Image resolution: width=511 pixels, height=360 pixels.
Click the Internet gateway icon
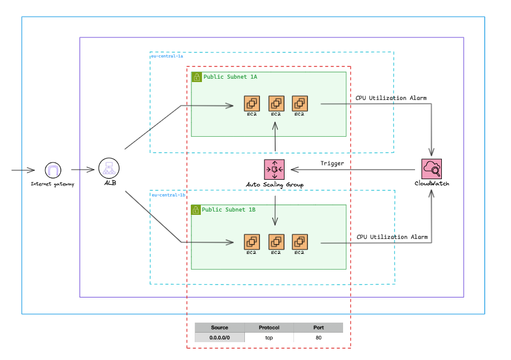(52, 170)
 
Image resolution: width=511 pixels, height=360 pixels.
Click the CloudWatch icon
(431, 169)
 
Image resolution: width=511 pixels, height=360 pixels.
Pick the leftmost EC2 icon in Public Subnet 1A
(252, 103)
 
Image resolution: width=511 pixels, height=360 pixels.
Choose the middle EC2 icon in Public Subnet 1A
(276, 103)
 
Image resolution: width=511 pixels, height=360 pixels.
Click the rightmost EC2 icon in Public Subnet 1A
(300, 103)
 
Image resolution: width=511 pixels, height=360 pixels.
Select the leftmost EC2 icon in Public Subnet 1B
(252, 242)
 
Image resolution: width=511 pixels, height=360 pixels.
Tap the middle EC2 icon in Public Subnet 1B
(276, 242)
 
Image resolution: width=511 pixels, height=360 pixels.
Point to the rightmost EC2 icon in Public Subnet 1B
(300, 242)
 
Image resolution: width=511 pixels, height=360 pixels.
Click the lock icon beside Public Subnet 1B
(196, 210)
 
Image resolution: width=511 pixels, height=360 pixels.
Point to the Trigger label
(332, 164)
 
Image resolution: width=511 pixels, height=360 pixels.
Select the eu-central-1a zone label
(167, 56)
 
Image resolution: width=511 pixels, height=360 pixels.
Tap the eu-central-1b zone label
(167, 195)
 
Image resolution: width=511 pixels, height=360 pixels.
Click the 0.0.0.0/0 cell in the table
(219, 338)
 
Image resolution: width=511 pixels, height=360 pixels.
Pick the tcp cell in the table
(269, 338)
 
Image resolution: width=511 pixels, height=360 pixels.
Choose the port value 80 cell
(318, 338)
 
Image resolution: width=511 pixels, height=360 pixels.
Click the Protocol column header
(269, 328)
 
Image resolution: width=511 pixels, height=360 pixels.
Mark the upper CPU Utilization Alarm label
(391, 98)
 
